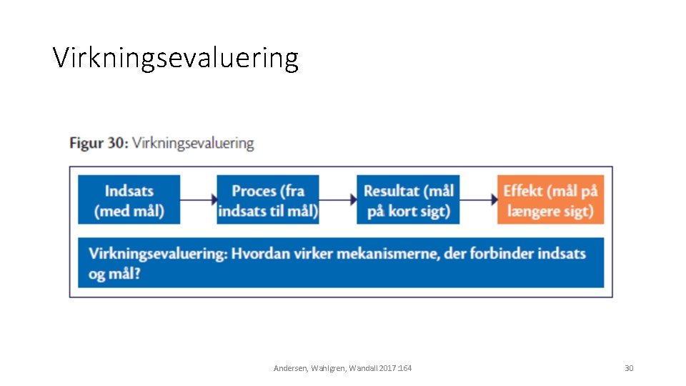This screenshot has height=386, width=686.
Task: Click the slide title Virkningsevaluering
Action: pyautogui.click(x=175, y=58)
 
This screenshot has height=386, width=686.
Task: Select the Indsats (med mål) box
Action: pyautogui.click(x=129, y=200)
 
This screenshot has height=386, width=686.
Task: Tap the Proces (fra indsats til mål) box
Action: pyautogui.click(x=268, y=200)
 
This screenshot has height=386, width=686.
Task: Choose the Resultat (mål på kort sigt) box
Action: pyautogui.click(x=408, y=200)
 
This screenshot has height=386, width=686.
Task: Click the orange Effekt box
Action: pyautogui.click(x=550, y=200)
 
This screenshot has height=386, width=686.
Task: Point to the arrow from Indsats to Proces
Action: pyautogui.click(x=199, y=200)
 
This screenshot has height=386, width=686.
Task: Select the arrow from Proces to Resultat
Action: pyautogui.click(x=338, y=200)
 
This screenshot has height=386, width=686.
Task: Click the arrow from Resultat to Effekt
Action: pyautogui.click(x=479, y=200)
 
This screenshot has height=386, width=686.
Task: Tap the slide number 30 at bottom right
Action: pyautogui.click(x=629, y=368)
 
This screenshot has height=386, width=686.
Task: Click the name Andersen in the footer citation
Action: pyautogui.click(x=290, y=368)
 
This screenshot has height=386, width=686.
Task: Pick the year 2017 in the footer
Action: pyautogui.click(x=385, y=368)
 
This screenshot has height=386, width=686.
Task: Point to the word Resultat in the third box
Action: pyautogui.click(x=391, y=191)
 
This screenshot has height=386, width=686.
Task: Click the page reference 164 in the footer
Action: pyautogui.click(x=404, y=368)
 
